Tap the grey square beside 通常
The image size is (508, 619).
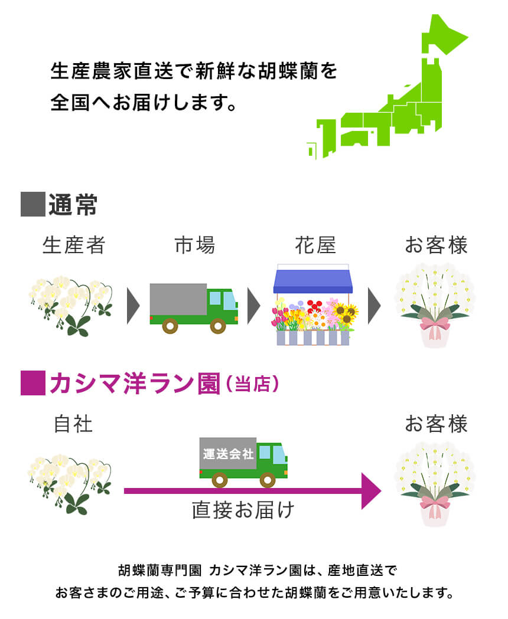coord(32,204)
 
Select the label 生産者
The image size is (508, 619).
coord(74,245)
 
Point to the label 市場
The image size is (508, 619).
coord(195,245)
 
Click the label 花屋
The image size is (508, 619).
coord(315,245)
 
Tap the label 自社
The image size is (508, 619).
coord(73,424)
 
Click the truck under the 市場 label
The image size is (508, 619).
coord(193,307)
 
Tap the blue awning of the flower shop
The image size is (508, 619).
coord(312,281)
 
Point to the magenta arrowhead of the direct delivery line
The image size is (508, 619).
coord(371,490)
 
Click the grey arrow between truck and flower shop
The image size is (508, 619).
coord(254,306)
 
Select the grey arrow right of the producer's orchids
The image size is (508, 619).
coord(133,306)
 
